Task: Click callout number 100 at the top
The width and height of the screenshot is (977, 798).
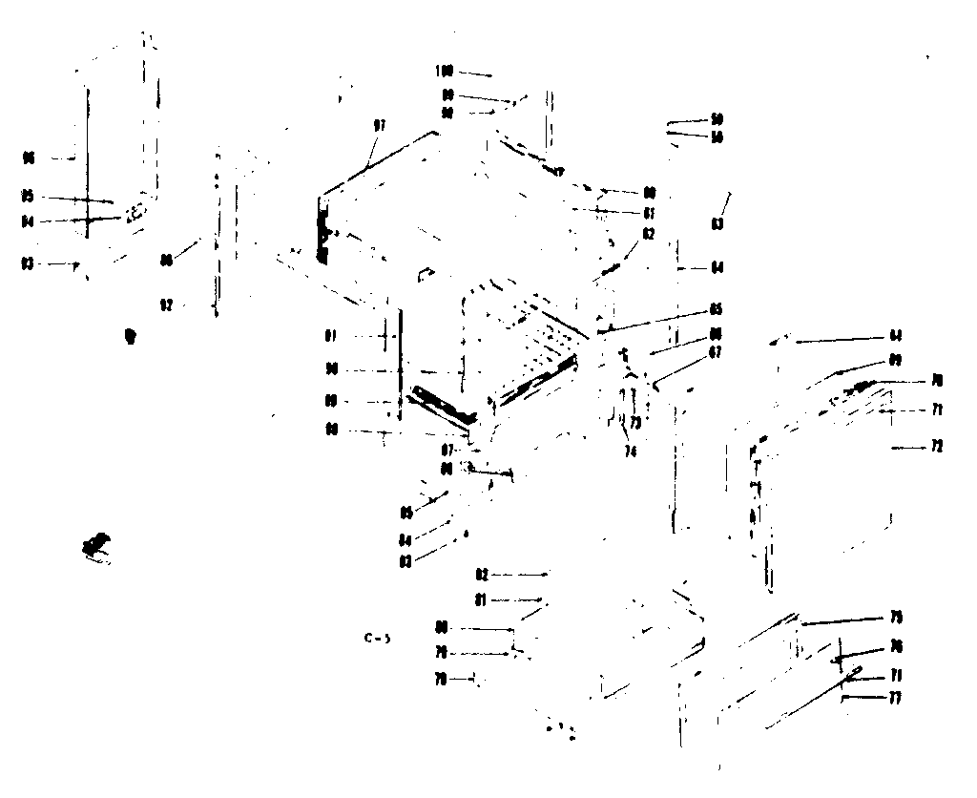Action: point(443,72)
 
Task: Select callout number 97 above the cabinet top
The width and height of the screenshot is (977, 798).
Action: point(379,126)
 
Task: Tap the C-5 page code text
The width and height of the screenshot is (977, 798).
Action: point(377,639)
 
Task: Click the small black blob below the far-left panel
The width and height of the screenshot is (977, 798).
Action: point(130,335)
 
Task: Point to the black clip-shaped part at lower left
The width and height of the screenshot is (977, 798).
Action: point(97,546)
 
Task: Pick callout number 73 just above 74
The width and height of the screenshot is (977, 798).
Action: point(634,421)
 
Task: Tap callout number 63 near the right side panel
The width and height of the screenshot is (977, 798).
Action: point(717,224)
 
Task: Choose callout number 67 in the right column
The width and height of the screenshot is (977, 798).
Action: point(716,352)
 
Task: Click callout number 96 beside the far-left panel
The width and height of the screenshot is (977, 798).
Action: point(29,157)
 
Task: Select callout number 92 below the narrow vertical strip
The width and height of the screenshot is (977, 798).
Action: point(166,304)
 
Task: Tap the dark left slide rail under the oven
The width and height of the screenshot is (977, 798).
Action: point(440,405)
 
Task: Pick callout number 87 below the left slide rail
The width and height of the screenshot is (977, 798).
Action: point(447,449)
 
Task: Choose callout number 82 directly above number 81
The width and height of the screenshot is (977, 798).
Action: point(482,575)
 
